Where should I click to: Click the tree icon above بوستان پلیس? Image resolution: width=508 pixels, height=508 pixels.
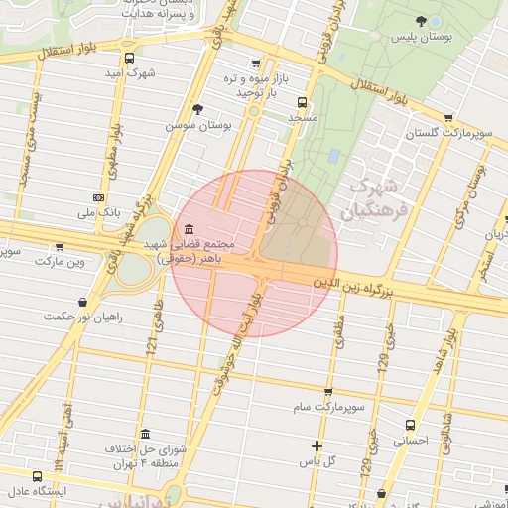point(423,21)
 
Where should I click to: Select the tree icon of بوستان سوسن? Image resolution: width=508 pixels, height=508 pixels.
point(197,108)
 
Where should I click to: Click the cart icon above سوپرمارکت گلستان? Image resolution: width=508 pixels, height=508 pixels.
point(448,117)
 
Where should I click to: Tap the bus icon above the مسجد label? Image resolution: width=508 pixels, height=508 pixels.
point(301,101)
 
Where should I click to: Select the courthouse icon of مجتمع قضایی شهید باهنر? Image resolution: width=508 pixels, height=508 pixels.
point(188,229)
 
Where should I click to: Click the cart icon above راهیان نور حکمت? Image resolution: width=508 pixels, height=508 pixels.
point(82,302)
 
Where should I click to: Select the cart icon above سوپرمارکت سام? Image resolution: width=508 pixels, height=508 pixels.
point(328,391)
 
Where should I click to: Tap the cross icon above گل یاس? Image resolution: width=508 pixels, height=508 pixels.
point(317,445)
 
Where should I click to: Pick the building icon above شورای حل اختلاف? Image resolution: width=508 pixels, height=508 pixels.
point(145,435)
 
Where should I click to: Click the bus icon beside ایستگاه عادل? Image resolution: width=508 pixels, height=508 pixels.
point(37,475)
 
